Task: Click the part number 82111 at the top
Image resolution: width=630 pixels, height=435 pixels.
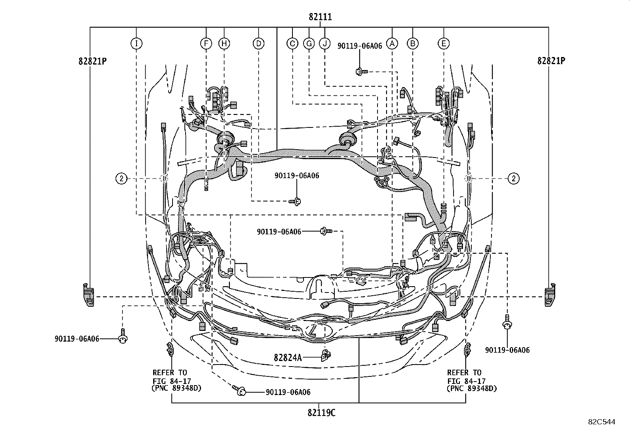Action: click(320, 17)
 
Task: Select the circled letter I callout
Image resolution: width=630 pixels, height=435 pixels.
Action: click(136, 44)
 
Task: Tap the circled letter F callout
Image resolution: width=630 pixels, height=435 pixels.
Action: click(206, 44)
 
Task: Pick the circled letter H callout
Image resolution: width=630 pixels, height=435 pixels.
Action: click(224, 44)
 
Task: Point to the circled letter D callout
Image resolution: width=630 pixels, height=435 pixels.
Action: click(258, 44)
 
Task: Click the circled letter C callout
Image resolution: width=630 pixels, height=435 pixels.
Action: click(292, 44)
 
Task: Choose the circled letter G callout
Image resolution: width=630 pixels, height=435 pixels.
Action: click(309, 44)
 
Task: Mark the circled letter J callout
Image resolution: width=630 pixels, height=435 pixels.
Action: click(325, 44)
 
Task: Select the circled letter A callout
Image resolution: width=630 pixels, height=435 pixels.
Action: click(392, 44)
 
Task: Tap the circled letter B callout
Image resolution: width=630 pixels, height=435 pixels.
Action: click(413, 44)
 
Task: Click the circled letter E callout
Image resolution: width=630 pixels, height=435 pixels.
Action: click(444, 44)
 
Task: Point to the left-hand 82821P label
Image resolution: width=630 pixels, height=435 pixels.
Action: click(93, 61)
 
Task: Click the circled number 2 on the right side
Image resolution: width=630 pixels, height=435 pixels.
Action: click(514, 179)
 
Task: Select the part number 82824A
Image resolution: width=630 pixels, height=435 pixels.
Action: click(288, 357)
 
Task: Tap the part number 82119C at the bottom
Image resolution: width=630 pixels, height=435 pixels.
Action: click(321, 413)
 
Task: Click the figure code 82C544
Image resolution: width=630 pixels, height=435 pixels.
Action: click(602, 422)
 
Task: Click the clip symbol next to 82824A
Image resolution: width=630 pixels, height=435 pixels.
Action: click(326, 355)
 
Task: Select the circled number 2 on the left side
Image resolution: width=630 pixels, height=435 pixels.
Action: click(121, 179)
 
